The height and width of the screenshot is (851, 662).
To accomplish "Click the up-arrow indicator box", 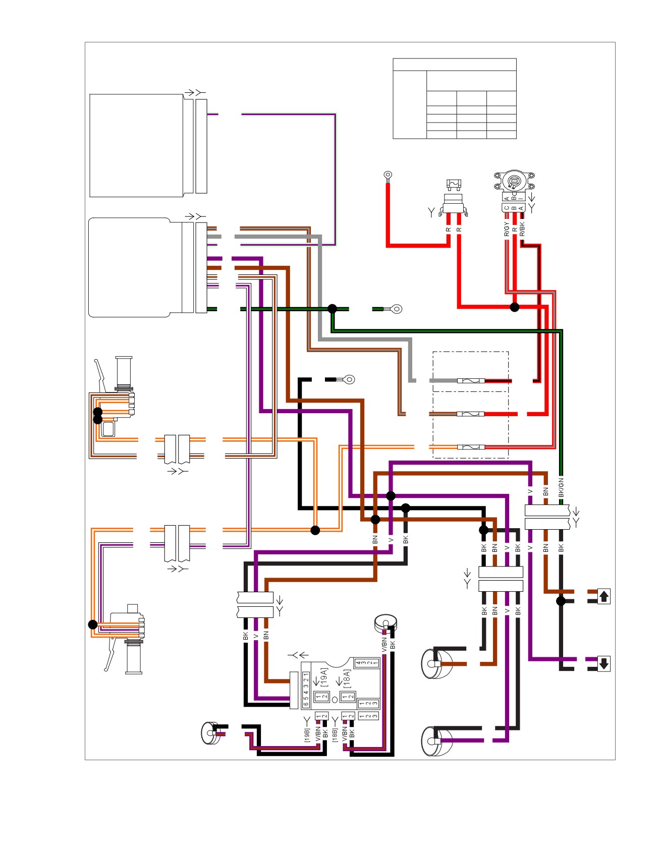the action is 603,596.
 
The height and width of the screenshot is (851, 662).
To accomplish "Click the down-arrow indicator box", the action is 603,663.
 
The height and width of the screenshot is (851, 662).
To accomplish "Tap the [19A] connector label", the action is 324,677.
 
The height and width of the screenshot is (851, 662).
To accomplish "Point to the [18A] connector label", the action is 347,679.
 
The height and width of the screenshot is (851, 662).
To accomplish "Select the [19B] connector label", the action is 307,734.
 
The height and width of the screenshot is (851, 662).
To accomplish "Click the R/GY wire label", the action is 507,229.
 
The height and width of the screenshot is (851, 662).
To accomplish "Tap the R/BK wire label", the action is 522,229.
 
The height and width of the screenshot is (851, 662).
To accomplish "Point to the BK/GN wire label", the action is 561,487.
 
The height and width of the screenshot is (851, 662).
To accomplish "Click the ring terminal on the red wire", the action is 388,176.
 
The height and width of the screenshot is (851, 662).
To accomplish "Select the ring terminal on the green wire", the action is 397,309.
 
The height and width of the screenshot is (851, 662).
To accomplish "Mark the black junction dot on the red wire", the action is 514,307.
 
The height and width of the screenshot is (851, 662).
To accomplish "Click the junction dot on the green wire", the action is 332,308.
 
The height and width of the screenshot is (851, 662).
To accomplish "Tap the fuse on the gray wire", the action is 471,381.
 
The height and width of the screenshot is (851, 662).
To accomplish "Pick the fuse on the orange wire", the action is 471,447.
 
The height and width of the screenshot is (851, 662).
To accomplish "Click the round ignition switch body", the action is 514,181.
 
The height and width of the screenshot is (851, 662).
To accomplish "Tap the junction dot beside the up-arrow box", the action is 561,601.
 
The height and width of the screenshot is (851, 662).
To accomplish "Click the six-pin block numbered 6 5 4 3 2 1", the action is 306,689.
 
